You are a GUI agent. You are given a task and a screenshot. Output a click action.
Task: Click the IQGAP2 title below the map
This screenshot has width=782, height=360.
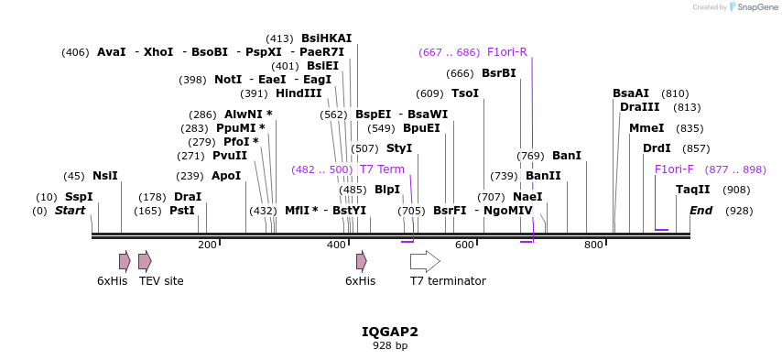click(389, 332)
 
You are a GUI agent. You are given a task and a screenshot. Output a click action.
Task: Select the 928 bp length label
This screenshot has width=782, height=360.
click(389, 346)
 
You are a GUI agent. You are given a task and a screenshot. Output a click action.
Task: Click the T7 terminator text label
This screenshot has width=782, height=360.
click(448, 281)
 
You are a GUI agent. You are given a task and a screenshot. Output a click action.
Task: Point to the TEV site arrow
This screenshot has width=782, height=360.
click(145, 261)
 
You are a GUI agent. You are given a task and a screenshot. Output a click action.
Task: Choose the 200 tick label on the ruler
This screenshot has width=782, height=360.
click(207, 245)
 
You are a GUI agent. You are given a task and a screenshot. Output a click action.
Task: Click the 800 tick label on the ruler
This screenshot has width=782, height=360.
click(593, 245)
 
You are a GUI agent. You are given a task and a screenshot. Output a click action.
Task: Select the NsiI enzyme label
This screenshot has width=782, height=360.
click(105, 176)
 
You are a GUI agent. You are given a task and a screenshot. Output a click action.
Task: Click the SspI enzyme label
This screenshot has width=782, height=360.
click(79, 197)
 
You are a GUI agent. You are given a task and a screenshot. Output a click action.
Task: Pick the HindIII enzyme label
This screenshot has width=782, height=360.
click(299, 93)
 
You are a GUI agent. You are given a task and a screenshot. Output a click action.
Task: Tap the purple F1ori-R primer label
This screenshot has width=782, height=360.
click(506, 52)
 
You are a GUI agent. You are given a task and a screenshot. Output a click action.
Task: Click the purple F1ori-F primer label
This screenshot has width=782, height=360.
click(674, 169)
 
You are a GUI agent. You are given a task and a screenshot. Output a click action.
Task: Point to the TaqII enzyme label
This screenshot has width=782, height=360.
click(692, 190)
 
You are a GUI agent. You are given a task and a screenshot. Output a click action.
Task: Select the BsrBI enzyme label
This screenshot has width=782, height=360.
click(498, 73)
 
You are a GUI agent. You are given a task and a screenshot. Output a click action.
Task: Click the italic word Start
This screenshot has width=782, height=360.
click(70, 211)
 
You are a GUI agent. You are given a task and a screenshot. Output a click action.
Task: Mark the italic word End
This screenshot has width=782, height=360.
click(701, 211)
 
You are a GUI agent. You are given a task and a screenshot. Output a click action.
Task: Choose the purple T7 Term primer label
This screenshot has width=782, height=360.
click(382, 169)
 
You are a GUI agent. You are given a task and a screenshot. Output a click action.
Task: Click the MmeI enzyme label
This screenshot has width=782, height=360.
click(646, 128)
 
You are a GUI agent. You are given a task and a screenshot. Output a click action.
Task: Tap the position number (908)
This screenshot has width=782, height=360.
click(736, 190)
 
